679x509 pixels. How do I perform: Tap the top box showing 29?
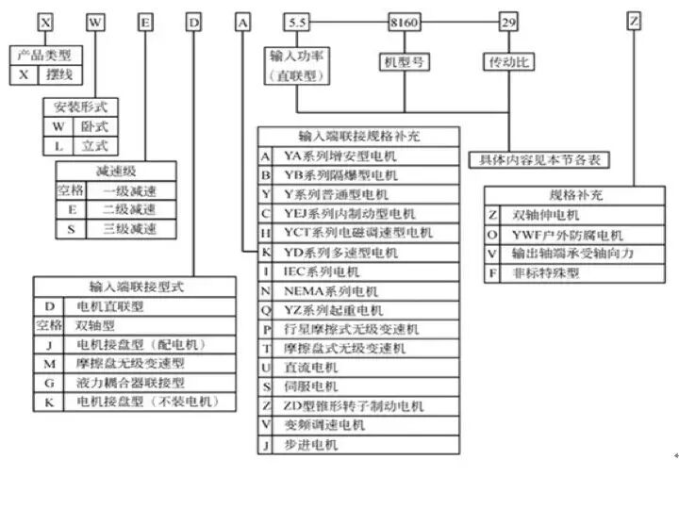click(508, 21)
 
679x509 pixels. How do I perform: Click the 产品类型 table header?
click(45, 57)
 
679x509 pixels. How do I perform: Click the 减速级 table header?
click(112, 171)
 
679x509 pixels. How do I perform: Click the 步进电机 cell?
click(306, 445)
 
